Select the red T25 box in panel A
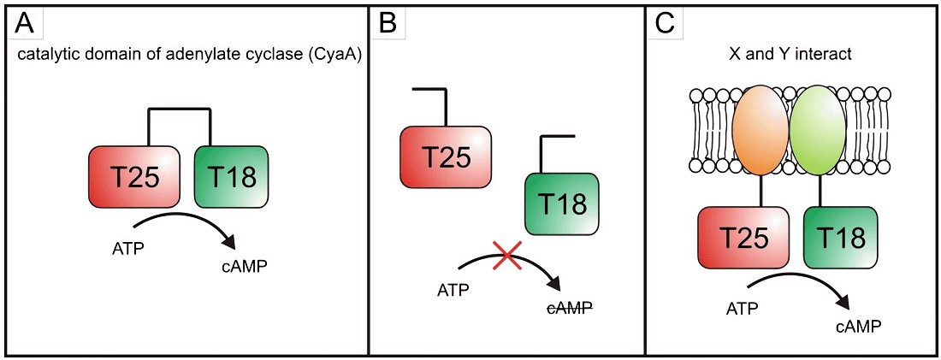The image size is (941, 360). pyautogui.click(x=133, y=176)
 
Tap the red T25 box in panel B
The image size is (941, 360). pyautogui.click(x=445, y=156)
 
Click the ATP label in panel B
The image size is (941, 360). pyautogui.click(x=452, y=288)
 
